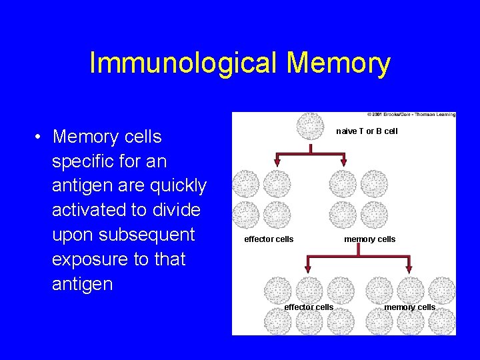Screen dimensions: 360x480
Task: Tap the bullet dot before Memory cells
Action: (x=40, y=137)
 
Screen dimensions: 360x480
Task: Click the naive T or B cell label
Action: (x=367, y=131)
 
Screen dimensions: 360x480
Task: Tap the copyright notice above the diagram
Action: (x=411, y=115)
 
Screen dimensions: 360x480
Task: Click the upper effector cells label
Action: (x=269, y=239)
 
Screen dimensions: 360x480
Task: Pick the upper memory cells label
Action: (x=369, y=239)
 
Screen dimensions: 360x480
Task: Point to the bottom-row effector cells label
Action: (x=309, y=307)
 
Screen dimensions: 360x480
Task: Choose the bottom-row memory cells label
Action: (x=409, y=307)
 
